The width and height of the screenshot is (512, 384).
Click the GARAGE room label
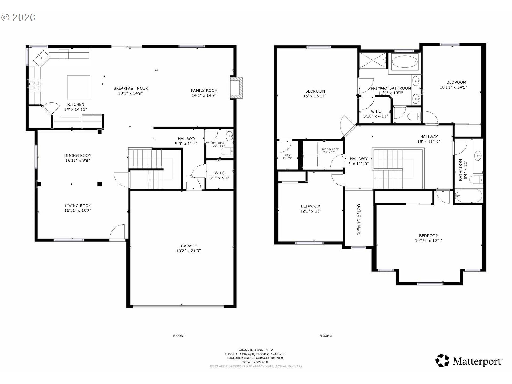point(189,246)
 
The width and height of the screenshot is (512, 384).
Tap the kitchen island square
point(78,87)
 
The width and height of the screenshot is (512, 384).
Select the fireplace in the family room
point(237,88)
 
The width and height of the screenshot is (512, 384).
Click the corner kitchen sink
point(42,57)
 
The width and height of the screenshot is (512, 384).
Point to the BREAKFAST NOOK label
point(131,88)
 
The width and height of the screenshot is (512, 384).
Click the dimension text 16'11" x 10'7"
point(78,211)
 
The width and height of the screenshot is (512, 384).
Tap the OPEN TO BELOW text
point(359,219)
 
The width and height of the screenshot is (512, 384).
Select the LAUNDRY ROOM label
point(330,149)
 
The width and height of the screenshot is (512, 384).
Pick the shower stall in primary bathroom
point(373,61)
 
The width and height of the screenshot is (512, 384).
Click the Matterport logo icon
point(442,361)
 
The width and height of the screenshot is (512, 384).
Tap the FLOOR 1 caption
point(179,336)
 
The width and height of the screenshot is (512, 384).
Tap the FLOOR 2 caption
point(326,336)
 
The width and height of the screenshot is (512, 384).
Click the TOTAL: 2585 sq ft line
point(255,362)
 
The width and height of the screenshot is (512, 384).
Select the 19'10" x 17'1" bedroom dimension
point(428,241)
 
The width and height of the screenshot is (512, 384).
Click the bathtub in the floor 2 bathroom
point(469,196)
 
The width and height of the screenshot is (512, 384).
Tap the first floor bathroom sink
point(229,137)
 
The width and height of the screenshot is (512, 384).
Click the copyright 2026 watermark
point(18,18)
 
